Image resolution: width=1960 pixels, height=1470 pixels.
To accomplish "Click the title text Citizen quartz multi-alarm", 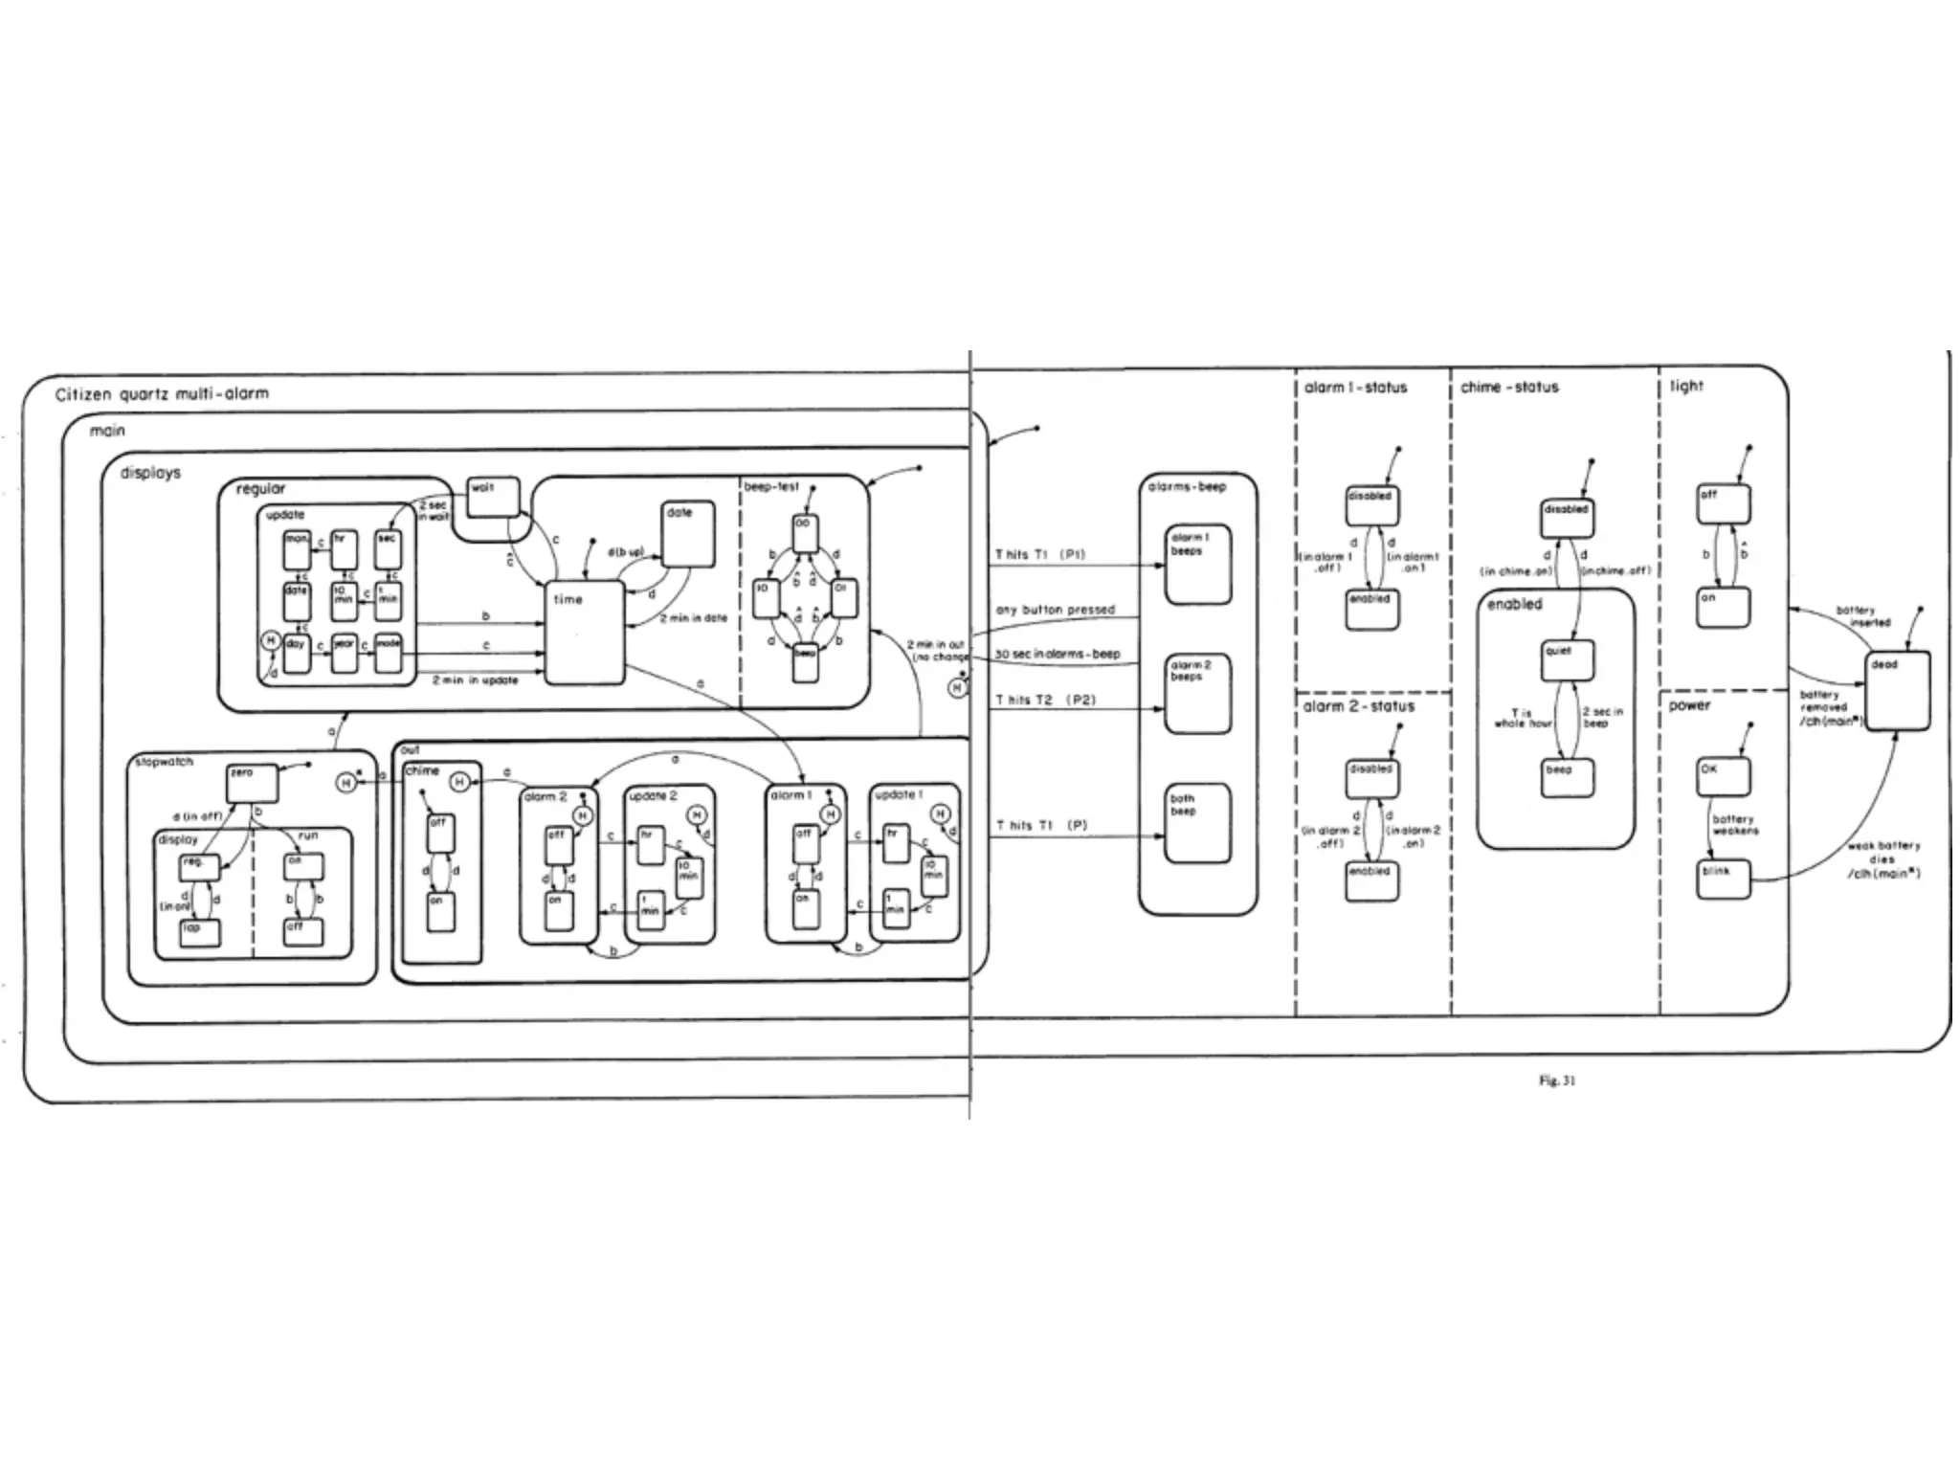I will coord(162,393).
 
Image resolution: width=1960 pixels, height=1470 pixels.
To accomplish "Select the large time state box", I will coord(584,632).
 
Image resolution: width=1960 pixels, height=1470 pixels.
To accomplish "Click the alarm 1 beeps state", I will coord(1197,565).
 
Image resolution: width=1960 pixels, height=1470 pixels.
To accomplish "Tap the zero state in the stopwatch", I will coord(252,783).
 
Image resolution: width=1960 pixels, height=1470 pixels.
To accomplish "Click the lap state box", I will coord(199,933).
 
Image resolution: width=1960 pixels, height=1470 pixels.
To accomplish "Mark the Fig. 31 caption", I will coord(1557,1080).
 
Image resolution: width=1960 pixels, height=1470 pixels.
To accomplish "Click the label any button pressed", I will coord(1055,610).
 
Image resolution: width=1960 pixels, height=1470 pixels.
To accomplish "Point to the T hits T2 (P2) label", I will coord(1045,700).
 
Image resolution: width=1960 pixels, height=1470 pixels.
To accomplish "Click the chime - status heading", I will coord(1509,388).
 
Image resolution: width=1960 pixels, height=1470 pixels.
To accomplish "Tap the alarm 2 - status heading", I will coord(1358,706).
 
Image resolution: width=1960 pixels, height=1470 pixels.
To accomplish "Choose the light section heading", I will coord(1686,386).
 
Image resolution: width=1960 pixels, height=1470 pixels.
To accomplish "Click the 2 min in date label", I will coord(693,618).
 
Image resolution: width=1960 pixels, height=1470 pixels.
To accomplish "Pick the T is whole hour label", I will coord(1523,718).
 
